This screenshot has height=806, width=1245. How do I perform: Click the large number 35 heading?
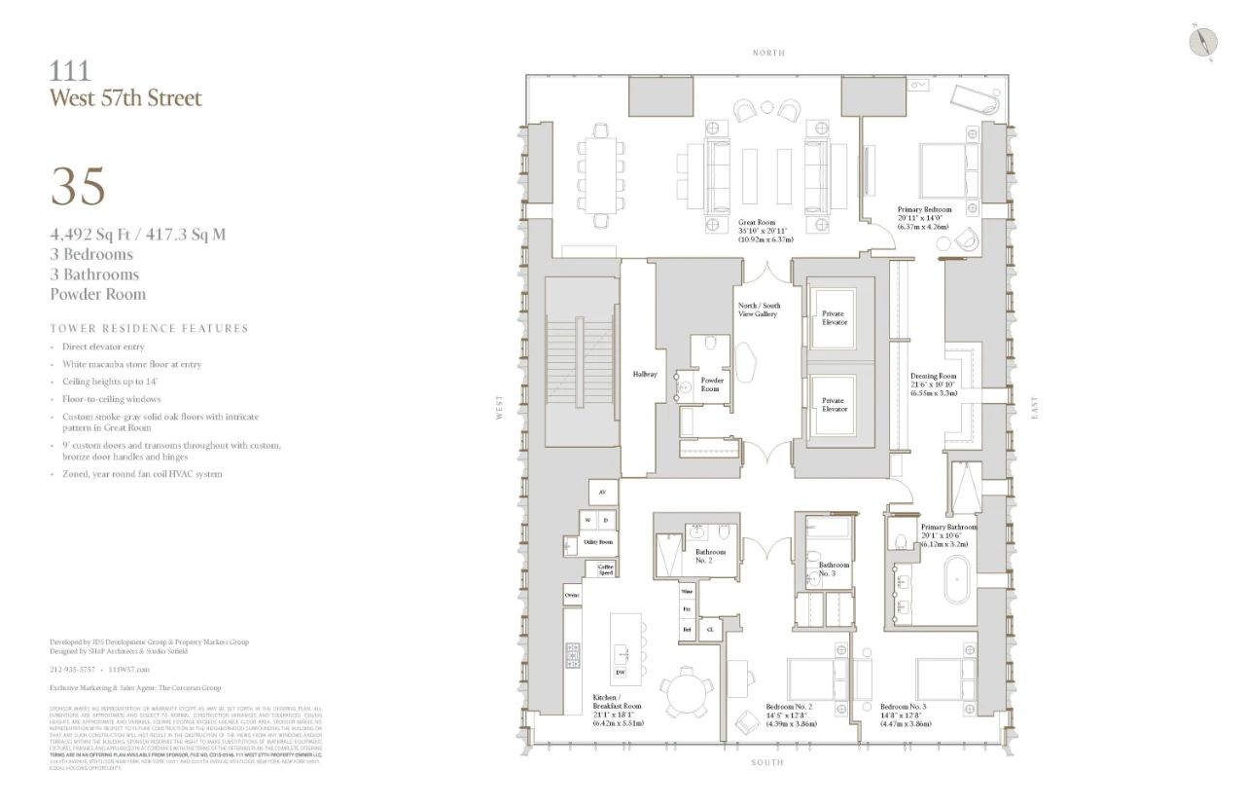(78, 187)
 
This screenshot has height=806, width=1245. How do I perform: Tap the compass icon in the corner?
(1203, 42)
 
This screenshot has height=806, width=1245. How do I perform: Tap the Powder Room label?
(712, 384)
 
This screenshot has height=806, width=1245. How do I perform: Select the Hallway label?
(646, 373)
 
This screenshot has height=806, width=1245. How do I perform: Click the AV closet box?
(603, 493)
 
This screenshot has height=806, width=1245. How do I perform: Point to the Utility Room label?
(598, 541)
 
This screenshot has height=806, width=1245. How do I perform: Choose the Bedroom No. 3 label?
(904, 714)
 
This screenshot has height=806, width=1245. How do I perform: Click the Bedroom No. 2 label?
(789, 714)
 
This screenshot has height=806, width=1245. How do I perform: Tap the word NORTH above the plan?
(768, 53)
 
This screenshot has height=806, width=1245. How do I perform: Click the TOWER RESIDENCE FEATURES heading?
(149, 328)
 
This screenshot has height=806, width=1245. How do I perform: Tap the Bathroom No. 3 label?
(834, 568)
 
